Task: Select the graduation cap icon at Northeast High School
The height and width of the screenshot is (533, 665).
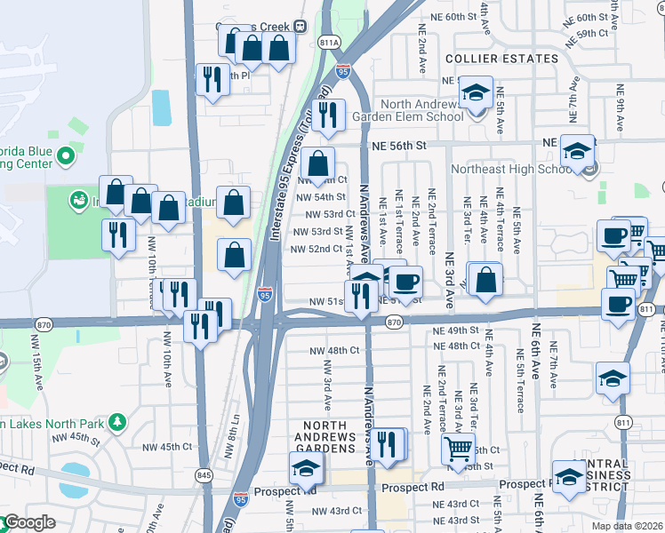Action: (578, 151)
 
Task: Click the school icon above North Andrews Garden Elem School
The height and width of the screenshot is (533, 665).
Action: (477, 92)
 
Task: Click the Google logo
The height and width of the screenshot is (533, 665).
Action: (28, 522)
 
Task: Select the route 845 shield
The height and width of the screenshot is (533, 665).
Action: (205, 475)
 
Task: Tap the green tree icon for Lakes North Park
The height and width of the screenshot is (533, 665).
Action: (116, 418)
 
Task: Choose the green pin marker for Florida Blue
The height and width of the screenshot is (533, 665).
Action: (64, 157)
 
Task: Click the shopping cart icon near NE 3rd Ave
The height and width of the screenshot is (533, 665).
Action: (458, 449)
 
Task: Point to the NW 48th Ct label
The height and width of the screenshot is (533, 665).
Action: (336, 351)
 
